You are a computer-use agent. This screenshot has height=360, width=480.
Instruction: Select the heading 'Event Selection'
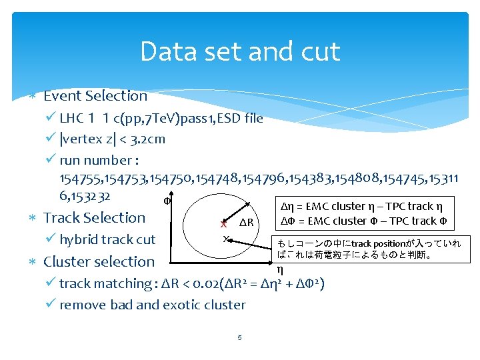click(95, 96)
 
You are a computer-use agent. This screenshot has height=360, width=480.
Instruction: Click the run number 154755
click(78, 179)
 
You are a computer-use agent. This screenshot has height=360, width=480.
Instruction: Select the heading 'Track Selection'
click(94, 217)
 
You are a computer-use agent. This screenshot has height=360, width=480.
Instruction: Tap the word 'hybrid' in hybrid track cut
click(79, 239)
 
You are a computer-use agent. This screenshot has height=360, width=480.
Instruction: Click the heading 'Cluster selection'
click(99, 261)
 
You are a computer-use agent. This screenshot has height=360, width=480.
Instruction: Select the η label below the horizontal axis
click(279, 269)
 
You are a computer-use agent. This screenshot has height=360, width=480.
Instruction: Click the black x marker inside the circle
click(226, 238)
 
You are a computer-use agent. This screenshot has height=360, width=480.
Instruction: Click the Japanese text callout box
click(369, 249)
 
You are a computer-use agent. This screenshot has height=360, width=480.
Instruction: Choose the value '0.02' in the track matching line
click(209, 283)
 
